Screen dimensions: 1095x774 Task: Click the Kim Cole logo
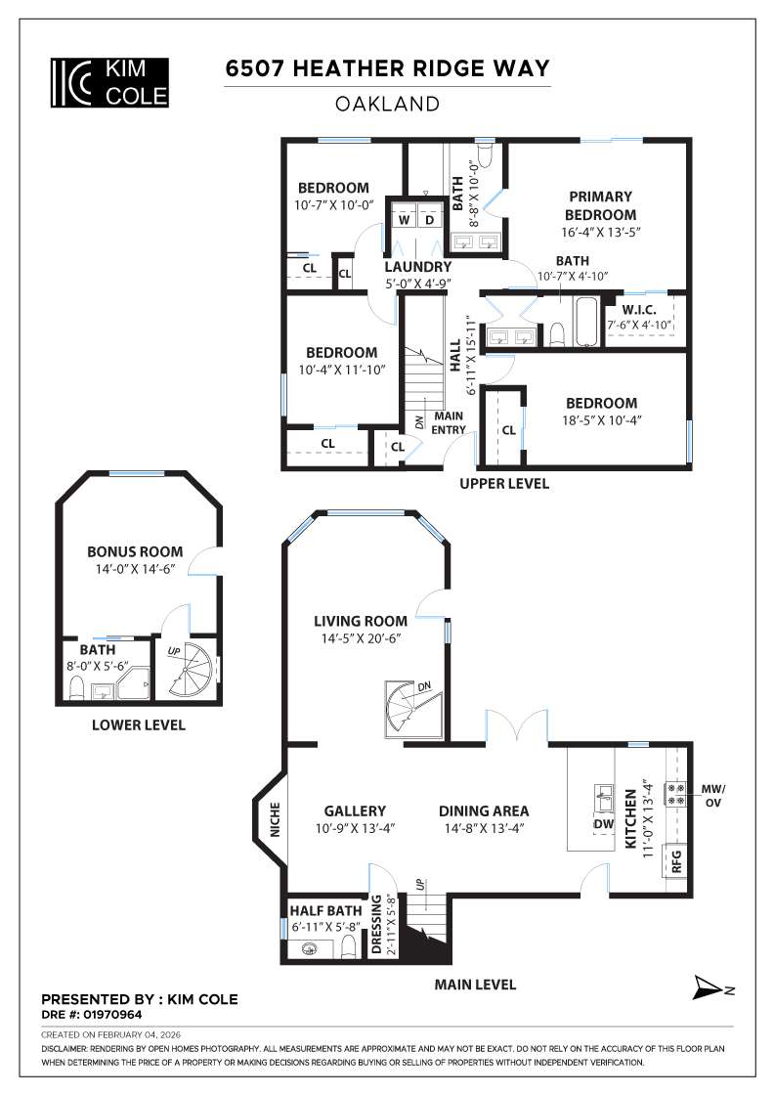tap(108, 82)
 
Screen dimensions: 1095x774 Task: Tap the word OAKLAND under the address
tap(387, 103)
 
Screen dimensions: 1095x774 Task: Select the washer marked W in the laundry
tap(404, 220)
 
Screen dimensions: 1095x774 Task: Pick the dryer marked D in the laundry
tap(429, 220)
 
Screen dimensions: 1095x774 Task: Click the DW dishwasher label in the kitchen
tap(604, 823)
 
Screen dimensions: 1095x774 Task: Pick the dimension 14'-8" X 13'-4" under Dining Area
tap(484, 829)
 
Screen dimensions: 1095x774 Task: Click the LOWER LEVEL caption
tap(138, 725)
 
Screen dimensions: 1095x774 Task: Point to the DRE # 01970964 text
tap(94, 1015)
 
